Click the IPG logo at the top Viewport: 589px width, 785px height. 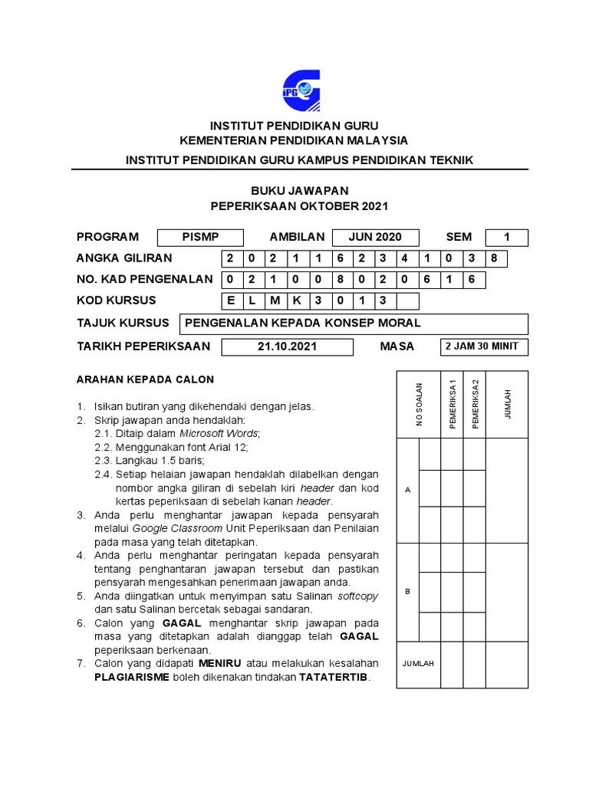[x=301, y=90]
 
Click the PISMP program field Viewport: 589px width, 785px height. [x=200, y=237]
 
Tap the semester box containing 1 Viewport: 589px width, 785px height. [x=506, y=237]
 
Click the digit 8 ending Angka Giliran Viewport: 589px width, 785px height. [x=495, y=258]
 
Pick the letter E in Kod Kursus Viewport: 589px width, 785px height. [x=232, y=301]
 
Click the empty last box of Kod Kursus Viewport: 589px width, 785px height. [x=407, y=301]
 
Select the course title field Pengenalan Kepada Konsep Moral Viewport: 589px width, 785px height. [x=353, y=323]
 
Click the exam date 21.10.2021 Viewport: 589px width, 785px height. [x=288, y=347]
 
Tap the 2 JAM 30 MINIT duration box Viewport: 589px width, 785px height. [x=482, y=347]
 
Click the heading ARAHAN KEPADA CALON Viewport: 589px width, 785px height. [x=144, y=379]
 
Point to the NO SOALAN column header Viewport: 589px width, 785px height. [x=419, y=404]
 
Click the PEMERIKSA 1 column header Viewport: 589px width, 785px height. [x=452, y=404]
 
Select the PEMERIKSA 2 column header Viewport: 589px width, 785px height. [x=475, y=404]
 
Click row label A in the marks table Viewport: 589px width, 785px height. [x=407, y=489]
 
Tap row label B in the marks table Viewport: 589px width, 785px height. [x=407, y=592]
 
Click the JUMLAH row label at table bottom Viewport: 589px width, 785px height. [x=418, y=664]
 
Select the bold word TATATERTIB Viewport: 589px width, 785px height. [x=334, y=678]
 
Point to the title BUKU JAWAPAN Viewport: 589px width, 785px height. [x=299, y=190]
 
